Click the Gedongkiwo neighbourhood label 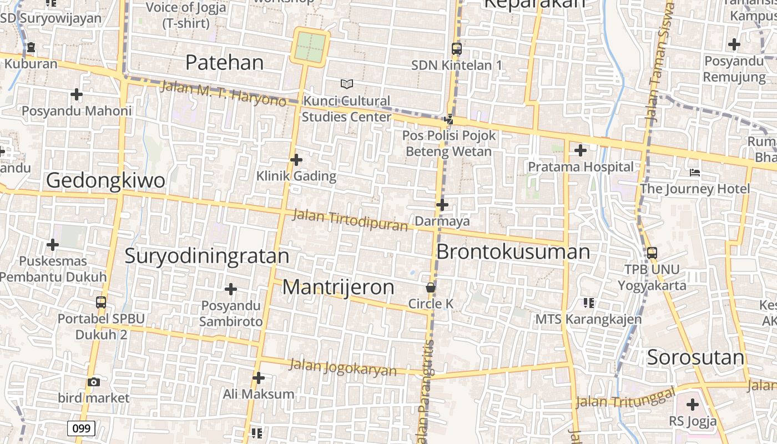pos(105,180)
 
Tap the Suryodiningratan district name pos(206,256)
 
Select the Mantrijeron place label pos(338,287)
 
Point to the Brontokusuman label pos(513,251)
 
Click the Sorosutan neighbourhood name pos(695,357)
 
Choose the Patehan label pos(224,63)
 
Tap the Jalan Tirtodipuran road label pos(350,219)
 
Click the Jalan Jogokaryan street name pos(343,367)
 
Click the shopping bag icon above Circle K pos(430,287)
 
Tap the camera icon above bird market pos(94,382)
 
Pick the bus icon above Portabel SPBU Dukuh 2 pos(101,302)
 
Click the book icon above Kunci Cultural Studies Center pos(347,84)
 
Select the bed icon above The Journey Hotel pos(694,173)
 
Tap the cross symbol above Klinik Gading pos(296,160)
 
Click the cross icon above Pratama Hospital pos(581,150)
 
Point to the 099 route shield pos(81,428)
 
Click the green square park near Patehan pos(310,47)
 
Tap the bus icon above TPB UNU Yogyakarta pos(652,253)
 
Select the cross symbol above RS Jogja pos(693,405)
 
